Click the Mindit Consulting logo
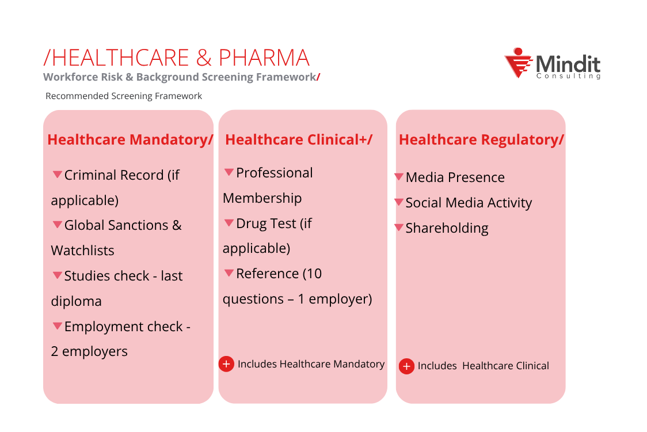[x=551, y=64]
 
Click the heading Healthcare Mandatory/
[x=130, y=140]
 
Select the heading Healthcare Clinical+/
[x=299, y=140]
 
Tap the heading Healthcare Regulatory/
[x=481, y=140]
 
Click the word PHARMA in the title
[x=264, y=58]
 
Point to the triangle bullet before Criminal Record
[x=58, y=175]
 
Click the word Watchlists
[x=82, y=251]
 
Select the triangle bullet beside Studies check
[x=58, y=275]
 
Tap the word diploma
[x=76, y=301]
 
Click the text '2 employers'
[x=89, y=351]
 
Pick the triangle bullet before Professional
[x=229, y=172]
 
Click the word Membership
[x=262, y=198]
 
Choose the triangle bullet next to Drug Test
[x=229, y=223]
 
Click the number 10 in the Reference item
[x=314, y=274]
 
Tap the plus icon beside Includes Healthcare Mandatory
[x=227, y=364]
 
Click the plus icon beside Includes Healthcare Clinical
[x=407, y=366]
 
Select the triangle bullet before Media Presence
[x=399, y=177]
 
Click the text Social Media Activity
[x=469, y=203]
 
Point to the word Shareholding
[x=447, y=228]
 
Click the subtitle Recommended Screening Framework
[x=124, y=96]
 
